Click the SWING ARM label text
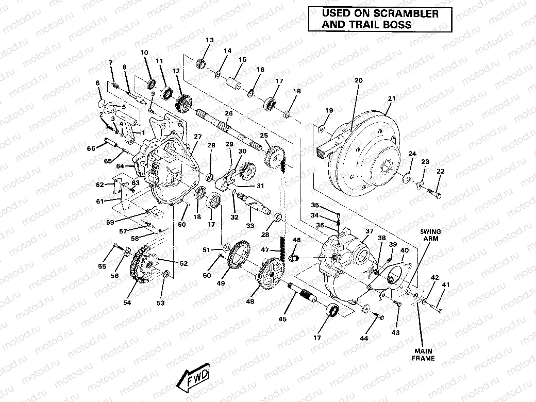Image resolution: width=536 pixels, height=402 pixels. click(x=430, y=236)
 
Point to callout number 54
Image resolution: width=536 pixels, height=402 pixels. click(x=127, y=303)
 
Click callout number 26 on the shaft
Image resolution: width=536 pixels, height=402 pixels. click(x=228, y=113)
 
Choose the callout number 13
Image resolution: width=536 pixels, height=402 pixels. click(x=209, y=41)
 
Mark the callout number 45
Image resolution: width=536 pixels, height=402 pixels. click(x=282, y=320)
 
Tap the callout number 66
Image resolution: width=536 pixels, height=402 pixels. click(x=91, y=149)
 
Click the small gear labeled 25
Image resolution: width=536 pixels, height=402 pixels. click(x=276, y=154)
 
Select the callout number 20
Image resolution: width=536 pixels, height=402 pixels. click(x=359, y=80)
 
